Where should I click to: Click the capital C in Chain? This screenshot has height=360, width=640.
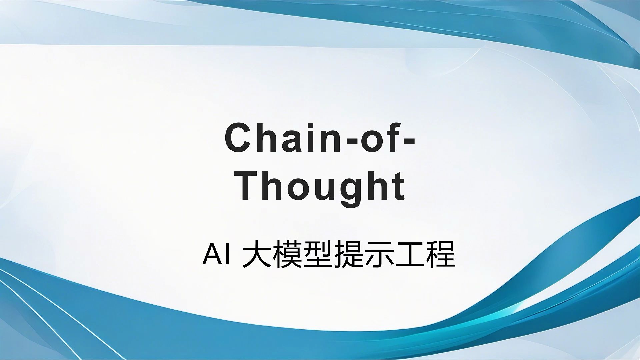coord(237,138)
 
